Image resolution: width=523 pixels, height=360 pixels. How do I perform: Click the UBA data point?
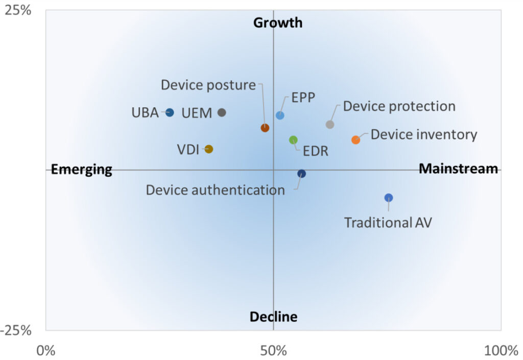pos(170,112)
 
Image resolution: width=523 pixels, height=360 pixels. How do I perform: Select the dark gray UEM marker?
pos(222,112)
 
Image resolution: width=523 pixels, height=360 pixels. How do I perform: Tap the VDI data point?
pos(208,149)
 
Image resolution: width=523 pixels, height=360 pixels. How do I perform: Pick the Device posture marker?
pos(265,128)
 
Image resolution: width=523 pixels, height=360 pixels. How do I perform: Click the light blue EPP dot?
pos(280,115)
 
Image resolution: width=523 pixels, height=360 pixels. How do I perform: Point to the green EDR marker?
pos(293,140)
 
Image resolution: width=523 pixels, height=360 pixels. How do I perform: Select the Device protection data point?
pos(330,124)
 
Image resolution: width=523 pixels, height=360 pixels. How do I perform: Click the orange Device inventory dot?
pos(355,139)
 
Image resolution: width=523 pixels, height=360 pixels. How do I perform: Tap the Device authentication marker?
pos(302,174)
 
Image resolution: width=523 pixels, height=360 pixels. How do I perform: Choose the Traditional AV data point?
pos(389,198)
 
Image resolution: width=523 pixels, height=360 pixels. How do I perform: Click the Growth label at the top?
pos(278,23)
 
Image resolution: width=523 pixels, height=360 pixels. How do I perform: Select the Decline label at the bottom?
pos(273,317)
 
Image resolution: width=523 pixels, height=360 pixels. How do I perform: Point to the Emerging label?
pos(82,170)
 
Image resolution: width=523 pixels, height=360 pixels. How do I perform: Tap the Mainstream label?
pos(458,169)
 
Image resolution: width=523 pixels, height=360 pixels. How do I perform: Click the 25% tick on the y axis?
pos(18,11)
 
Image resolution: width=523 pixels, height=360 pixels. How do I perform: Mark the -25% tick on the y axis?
pos(16,330)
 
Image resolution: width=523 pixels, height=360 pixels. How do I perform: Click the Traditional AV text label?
pos(388,223)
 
